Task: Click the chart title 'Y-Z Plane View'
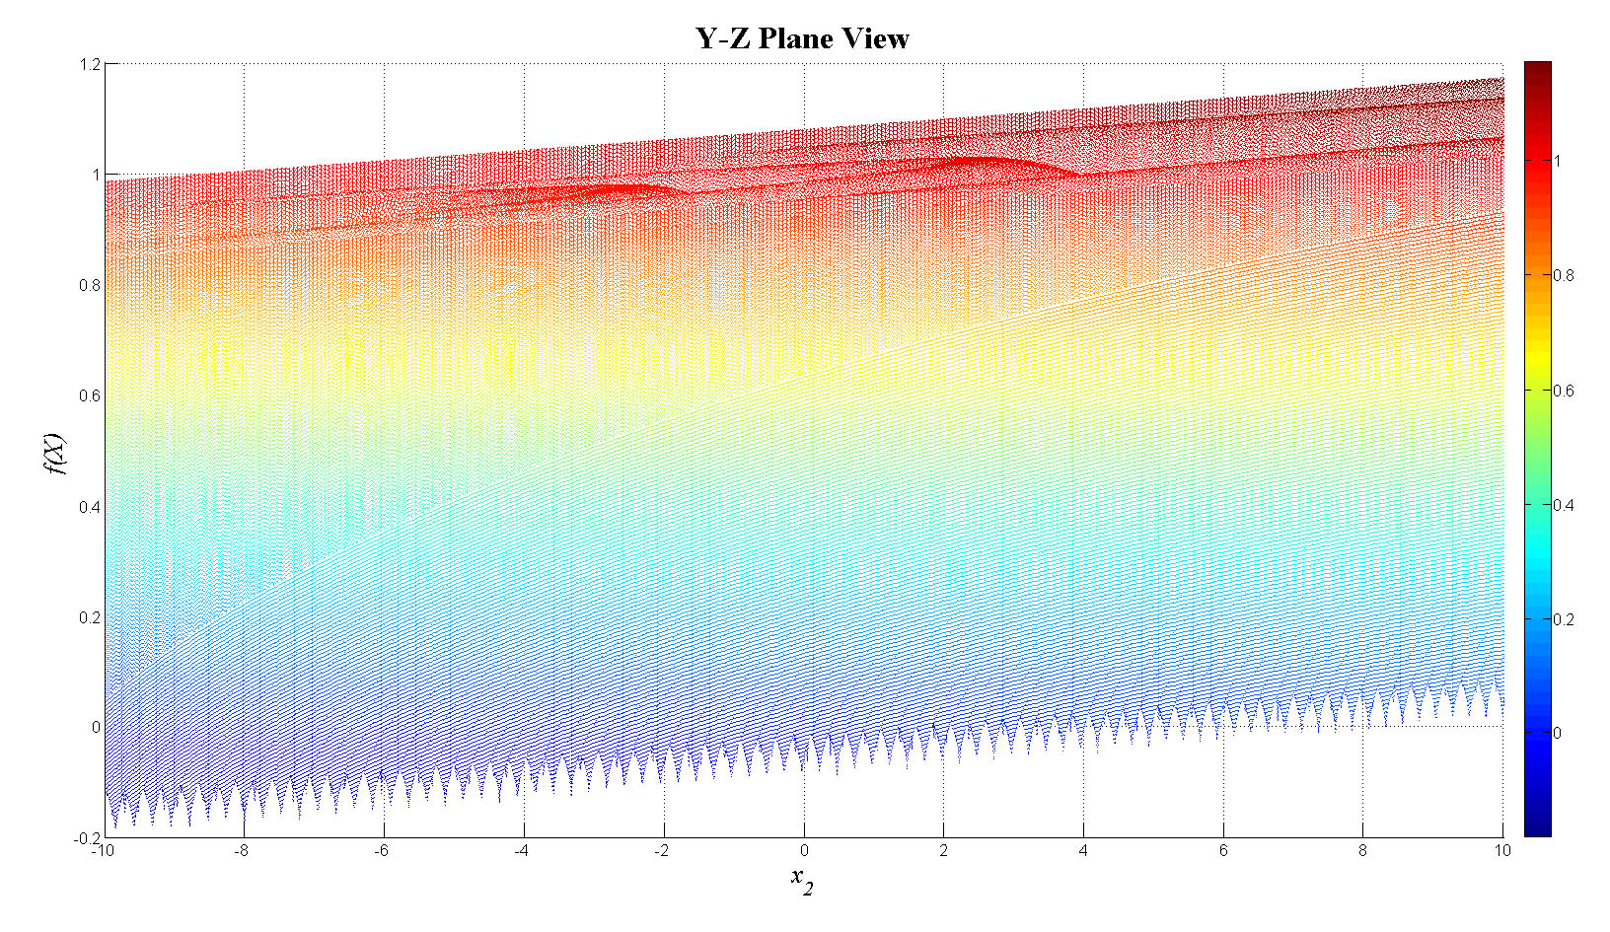(x=802, y=38)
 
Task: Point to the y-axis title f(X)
(x=55, y=453)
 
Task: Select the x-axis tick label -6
(x=381, y=850)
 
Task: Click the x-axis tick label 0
(x=804, y=850)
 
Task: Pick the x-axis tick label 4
(x=1083, y=850)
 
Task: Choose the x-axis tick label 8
(x=1363, y=850)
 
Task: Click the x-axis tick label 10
(x=1501, y=850)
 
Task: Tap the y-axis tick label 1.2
(x=90, y=64)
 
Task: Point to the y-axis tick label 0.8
(x=90, y=286)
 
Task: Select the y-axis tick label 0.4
(x=90, y=507)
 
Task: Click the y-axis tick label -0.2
(x=87, y=838)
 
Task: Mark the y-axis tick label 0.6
(x=90, y=396)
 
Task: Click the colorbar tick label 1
(x=1558, y=161)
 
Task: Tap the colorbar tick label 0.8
(x=1564, y=275)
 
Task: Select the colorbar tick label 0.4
(x=1564, y=505)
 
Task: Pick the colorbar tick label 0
(x=1558, y=733)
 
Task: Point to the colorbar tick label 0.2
(x=1564, y=619)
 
